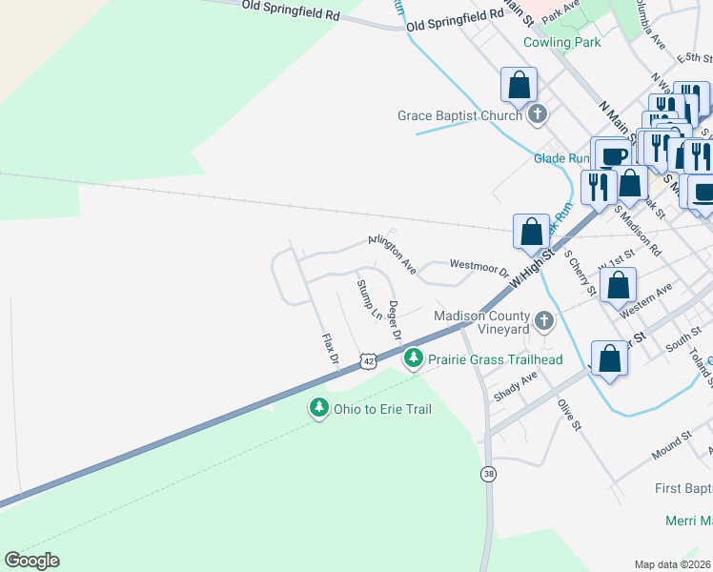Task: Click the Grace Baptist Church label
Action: click(459, 115)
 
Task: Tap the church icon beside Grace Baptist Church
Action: click(538, 115)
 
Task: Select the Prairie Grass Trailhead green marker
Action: click(413, 358)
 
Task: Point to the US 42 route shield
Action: click(368, 359)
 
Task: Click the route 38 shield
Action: click(489, 474)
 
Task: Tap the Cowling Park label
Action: click(561, 42)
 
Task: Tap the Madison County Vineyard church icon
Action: click(543, 321)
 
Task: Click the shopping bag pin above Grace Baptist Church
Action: click(519, 85)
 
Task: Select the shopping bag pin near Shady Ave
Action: click(610, 358)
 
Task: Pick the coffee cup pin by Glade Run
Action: click(611, 154)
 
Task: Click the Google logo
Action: click(31, 561)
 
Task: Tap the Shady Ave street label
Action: click(516, 386)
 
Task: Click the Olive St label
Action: click(570, 415)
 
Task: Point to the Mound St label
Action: click(671, 445)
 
